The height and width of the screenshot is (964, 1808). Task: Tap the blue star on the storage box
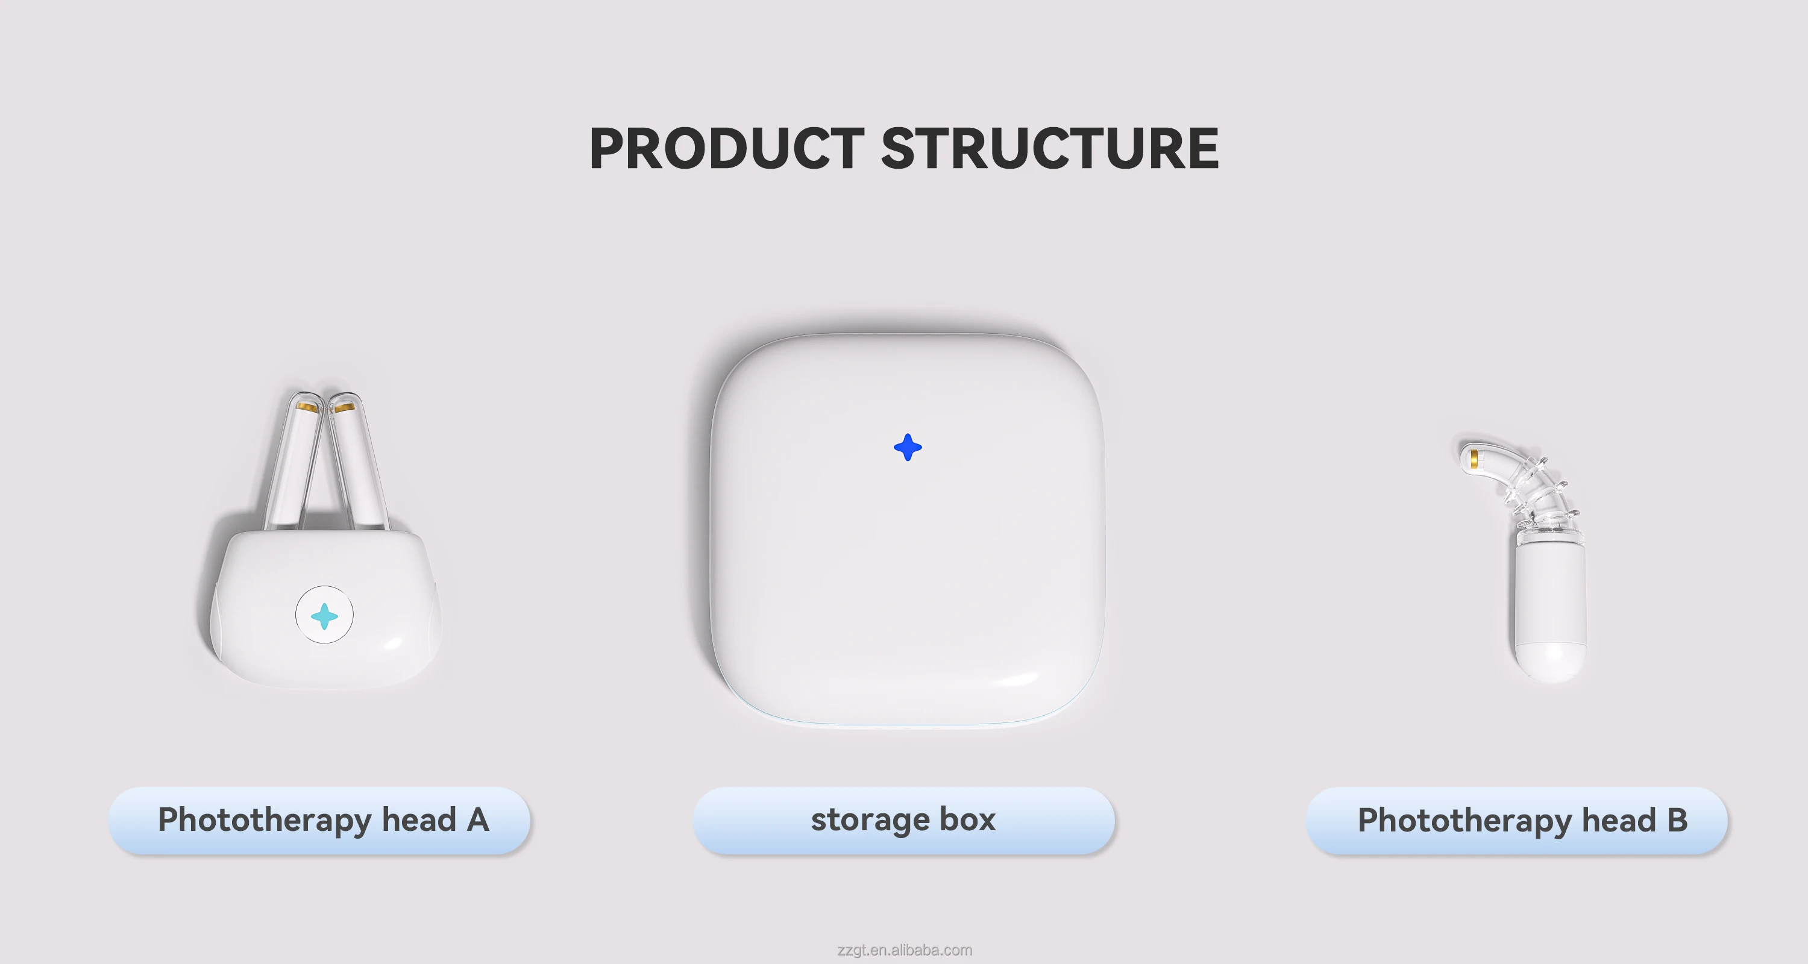908,447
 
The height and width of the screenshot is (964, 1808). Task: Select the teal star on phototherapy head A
324,616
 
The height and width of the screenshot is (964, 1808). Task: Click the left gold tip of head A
306,407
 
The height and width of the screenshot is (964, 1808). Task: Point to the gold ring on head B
1474,458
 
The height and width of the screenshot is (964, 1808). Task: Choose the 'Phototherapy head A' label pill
319,820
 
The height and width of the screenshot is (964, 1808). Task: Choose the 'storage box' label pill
903,820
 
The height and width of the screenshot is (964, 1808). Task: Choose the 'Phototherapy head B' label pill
1517,820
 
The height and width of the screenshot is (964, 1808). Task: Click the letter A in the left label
477,819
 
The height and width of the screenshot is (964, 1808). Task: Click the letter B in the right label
1677,819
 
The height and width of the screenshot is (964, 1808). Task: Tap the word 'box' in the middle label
967,819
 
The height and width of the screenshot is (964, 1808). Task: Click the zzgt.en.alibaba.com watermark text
904,950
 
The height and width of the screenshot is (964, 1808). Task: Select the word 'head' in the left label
419,819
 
